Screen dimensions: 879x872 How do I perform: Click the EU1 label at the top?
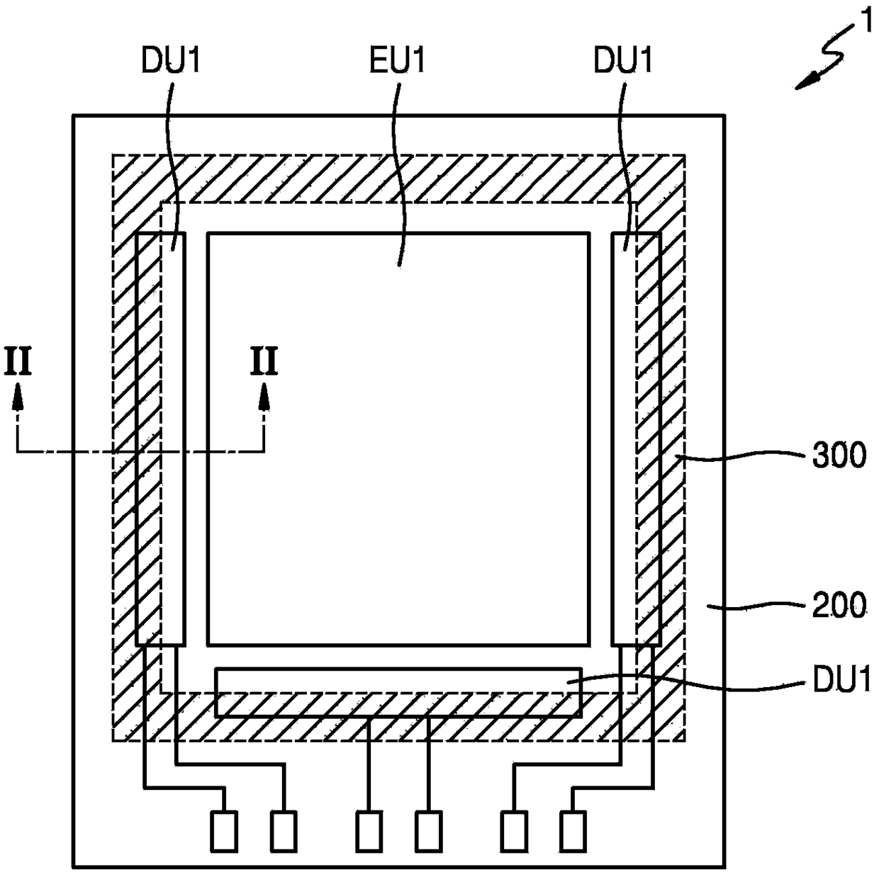pos(397,61)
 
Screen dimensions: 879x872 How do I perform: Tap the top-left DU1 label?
pos(171,61)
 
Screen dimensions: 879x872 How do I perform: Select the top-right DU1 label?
pos(622,61)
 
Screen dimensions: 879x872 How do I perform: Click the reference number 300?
pos(839,455)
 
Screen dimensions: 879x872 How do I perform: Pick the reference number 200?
pos(839,606)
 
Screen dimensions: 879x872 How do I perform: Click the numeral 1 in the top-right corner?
pos(865,18)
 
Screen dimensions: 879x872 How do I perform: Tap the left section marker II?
pos(18,361)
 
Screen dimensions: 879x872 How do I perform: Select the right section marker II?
pos(264,361)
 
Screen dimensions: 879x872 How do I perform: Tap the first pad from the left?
pos(224,831)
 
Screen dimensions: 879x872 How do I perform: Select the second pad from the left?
pos(284,831)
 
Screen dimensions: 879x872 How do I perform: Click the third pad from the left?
pos(369,831)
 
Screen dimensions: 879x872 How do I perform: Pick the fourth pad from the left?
pos(428,831)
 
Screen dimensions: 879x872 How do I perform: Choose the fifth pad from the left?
pos(514,831)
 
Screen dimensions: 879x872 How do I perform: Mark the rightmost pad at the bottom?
pos(573,831)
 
